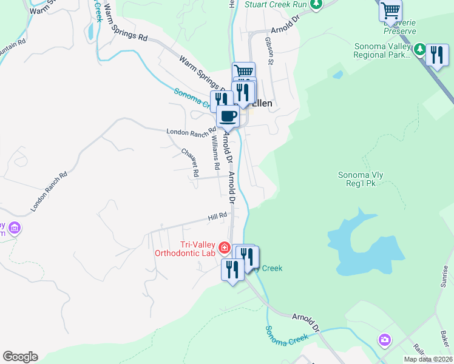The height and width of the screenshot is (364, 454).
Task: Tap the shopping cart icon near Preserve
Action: pos(390,10)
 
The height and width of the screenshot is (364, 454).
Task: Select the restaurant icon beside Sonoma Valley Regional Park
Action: pos(437,55)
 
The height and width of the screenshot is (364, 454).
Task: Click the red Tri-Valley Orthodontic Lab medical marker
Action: pos(224,248)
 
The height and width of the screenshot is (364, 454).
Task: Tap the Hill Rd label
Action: pos(217,215)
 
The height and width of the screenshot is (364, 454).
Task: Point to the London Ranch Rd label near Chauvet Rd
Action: pos(191,130)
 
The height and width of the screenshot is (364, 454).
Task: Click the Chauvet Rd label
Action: pos(190,162)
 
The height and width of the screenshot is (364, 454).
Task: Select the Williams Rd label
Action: pos(215,152)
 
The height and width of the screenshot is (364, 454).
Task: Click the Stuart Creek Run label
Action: pos(276,4)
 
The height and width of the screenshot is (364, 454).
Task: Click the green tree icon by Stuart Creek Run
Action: pos(315,5)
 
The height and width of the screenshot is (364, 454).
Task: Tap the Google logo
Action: pos(20,357)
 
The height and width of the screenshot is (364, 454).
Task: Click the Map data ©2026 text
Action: pos(428,359)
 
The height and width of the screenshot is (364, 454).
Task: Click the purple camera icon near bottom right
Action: pos(384,339)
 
